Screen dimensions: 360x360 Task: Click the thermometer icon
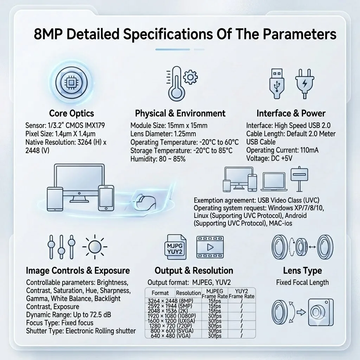pos(176,84)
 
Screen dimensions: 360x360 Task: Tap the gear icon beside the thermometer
pos(191,77)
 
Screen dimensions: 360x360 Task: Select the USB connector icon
pos(277,84)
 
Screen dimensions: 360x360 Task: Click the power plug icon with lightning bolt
pos(305,84)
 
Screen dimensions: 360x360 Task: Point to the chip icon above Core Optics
pos(71,82)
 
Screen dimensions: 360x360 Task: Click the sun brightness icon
pos(95,247)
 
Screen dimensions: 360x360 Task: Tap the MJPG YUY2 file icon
pos(175,247)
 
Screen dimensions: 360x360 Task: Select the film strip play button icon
pos(210,247)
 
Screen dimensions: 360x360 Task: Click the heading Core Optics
pos(71,114)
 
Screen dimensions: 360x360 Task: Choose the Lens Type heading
pos(302,270)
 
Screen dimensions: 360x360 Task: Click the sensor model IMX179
pos(95,126)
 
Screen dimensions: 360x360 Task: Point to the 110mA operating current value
pos(309,150)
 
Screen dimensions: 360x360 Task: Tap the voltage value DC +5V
pos(282,159)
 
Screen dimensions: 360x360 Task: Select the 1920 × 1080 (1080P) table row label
pos(172,316)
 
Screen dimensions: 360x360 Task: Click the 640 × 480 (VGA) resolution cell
pos(171,336)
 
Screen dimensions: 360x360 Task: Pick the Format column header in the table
pos(160,293)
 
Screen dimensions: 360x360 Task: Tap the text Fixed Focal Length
pos(302,282)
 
